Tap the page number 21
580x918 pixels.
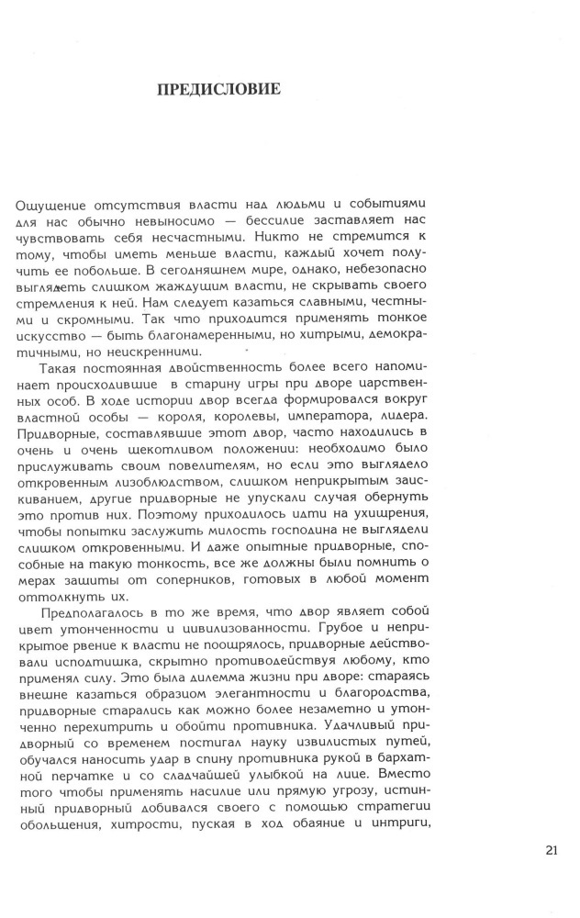551,848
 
